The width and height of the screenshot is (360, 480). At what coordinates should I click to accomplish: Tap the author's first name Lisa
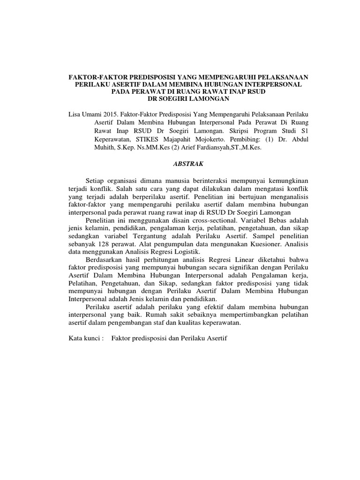(x=75, y=114)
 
